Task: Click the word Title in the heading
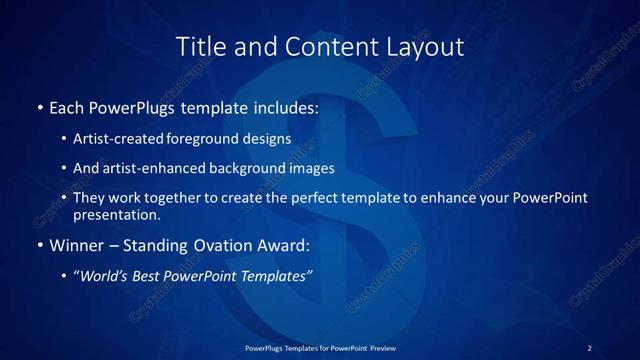pyautogui.click(x=197, y=46)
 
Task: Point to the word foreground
pyautogui.click(x=211, y=139)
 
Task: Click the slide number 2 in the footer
pyautogui.click(x=589, y=347)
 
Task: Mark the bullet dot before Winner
pyautogui.click(x=39, y=245)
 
